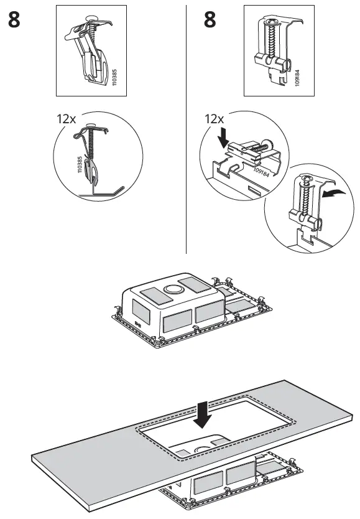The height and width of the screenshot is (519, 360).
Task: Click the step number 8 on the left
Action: pyautogui.click(x=17, y=20)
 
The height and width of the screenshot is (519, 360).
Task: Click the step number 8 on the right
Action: pyautogui.click(x=210, y=20)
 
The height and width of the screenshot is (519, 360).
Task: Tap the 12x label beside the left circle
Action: pyautogui.click(x=67, y=119)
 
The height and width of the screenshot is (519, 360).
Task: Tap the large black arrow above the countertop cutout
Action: pyautogui.click(x=201, y=416)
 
